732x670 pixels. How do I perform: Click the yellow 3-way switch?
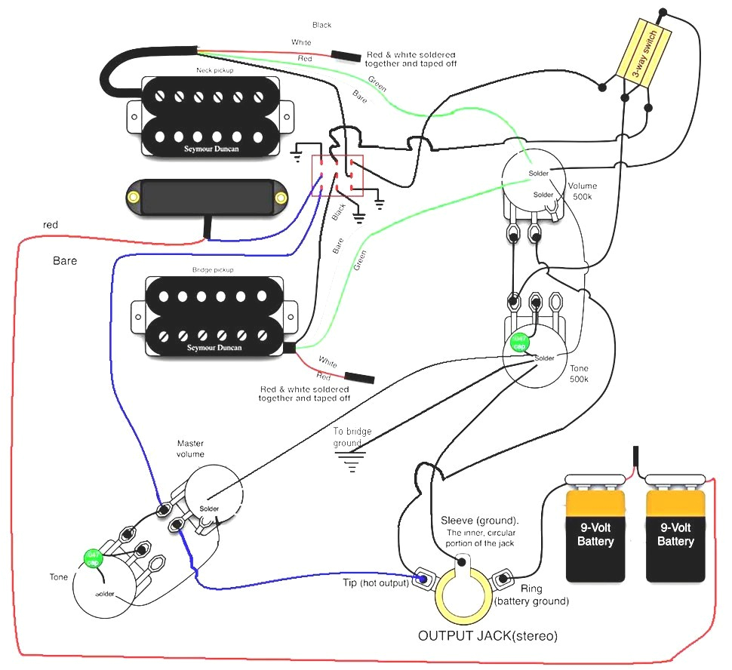tap(644, 54)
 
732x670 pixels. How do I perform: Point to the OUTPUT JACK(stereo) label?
tap(487, 636)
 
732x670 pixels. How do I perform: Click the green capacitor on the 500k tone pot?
tap(519, 342)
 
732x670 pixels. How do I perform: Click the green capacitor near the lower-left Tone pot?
tap(93, 558)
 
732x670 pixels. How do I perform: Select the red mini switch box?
tap(338, 176)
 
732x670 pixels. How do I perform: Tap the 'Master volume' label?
tap(191, 448)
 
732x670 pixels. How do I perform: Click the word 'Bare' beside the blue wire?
tap(65, 261)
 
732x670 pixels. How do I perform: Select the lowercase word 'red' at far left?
tap(51, 225)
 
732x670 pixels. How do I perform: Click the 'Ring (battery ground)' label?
tap(531, 594)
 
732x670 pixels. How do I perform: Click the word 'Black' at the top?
tap(322, 26)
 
